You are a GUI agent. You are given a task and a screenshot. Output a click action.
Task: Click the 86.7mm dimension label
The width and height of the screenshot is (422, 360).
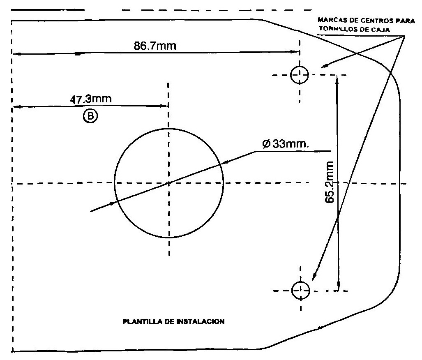(x=155, y=45)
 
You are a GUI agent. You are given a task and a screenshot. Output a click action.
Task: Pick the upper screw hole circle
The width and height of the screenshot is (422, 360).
(x=299, y=74)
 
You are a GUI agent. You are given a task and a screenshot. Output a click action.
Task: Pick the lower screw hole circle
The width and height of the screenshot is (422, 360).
(x=300, y=290)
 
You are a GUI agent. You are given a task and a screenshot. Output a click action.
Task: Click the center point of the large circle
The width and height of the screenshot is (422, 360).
(x=168, y=182)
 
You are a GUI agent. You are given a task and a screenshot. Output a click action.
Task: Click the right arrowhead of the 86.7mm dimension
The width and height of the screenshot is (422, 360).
(x=295, y=51)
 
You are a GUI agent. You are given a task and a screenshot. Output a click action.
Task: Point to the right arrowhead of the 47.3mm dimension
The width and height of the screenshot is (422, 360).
(x=164, y=106)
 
